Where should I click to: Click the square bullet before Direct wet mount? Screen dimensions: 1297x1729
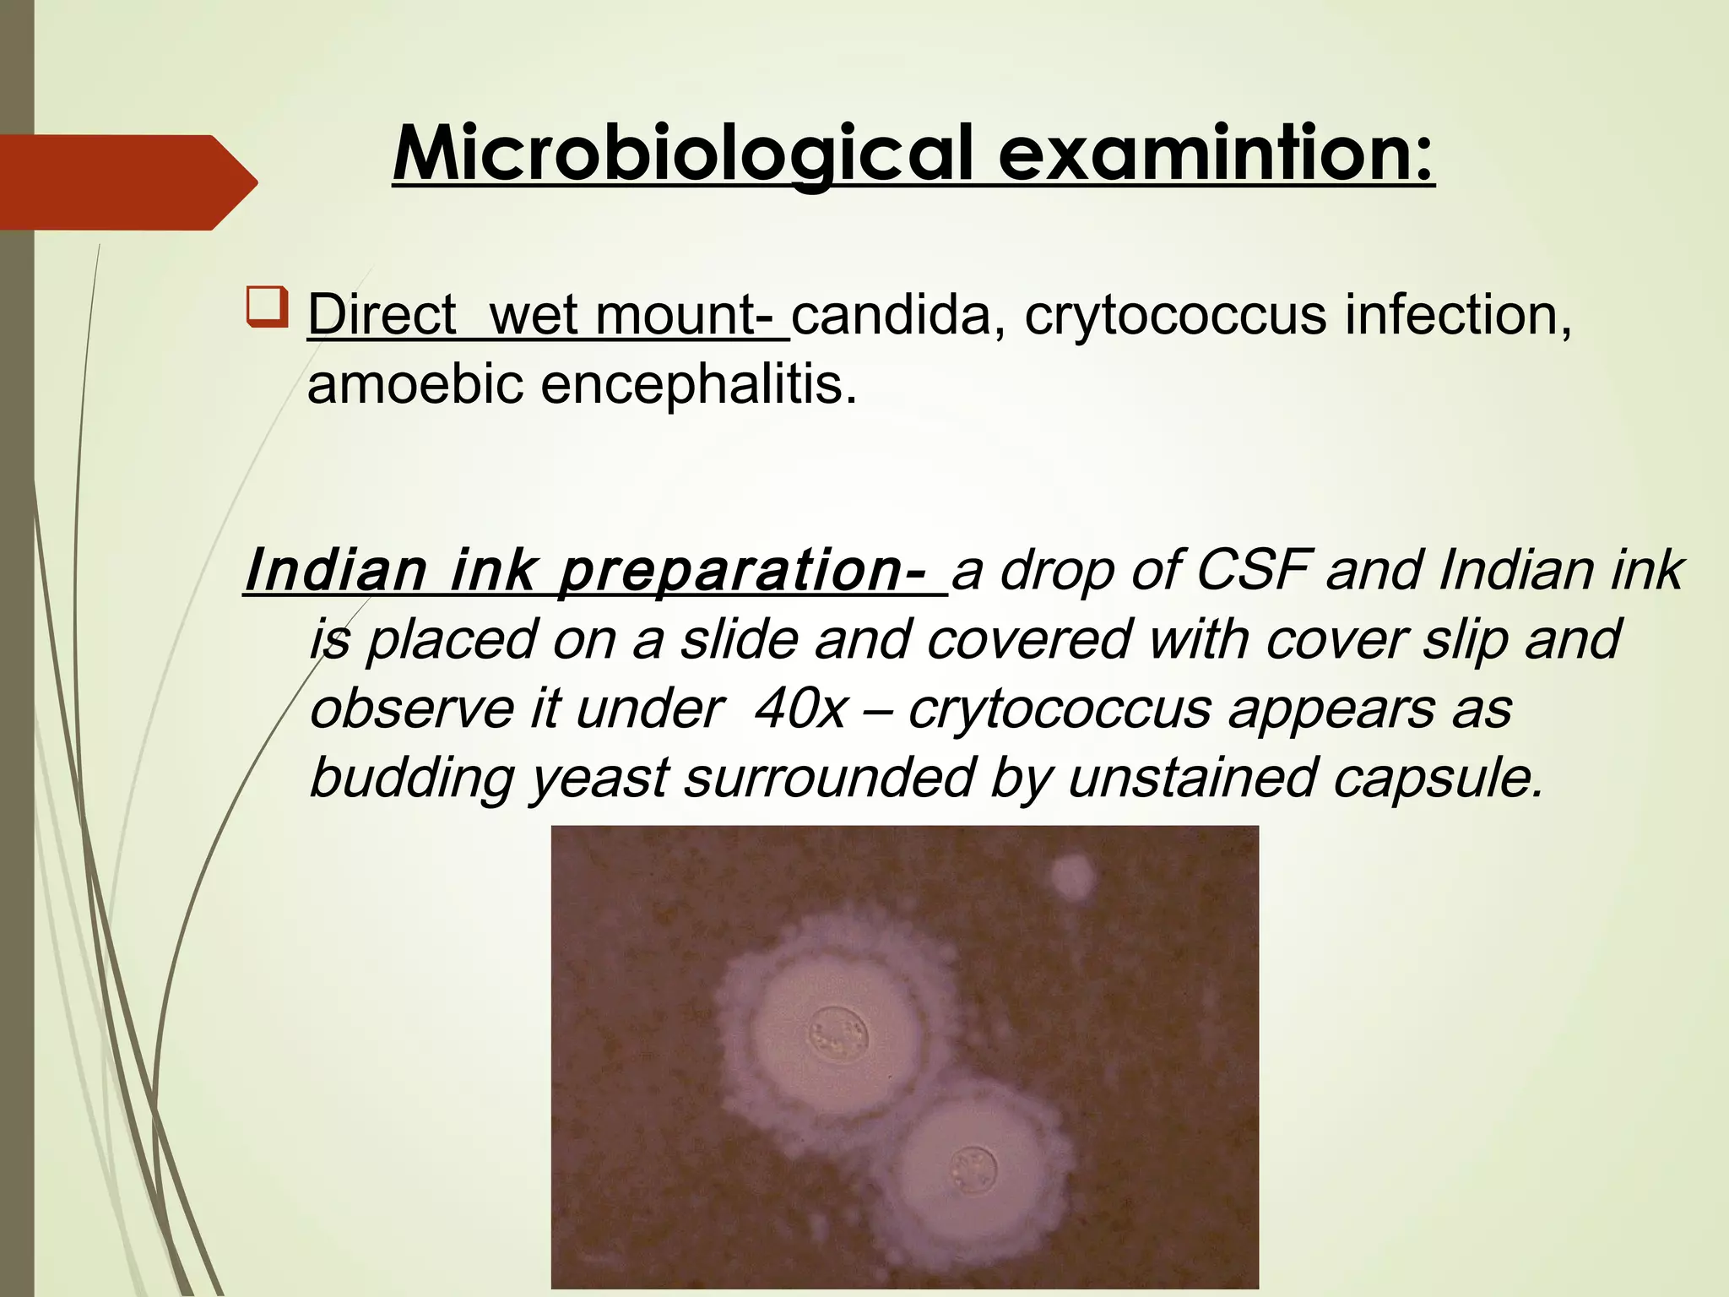coord(268,308)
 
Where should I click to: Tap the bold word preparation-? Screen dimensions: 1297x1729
coord(743,572)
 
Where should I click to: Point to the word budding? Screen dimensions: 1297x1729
coord(411,778)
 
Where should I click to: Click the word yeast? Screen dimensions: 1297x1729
coord(599,778)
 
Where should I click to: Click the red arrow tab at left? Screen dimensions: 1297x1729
coord(127,182)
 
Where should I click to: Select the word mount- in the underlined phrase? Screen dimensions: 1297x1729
coord(691,315)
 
